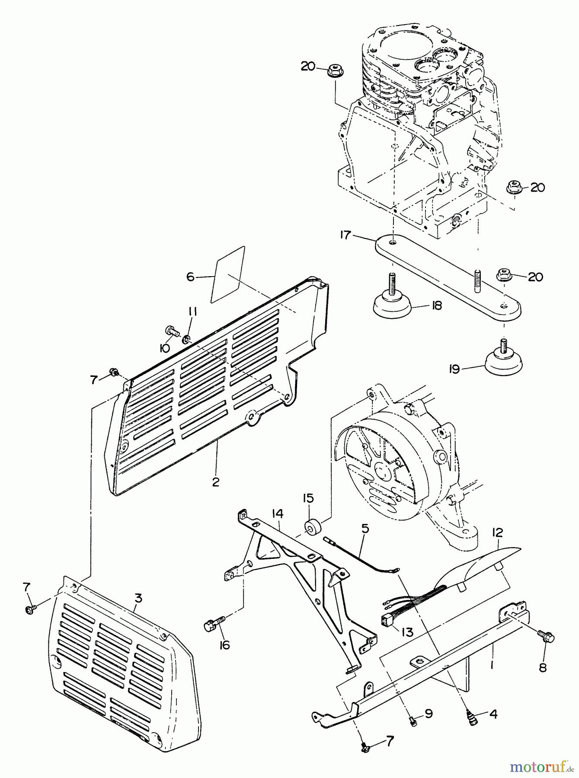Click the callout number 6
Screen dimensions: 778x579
pos(191,277)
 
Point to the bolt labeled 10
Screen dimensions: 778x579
pos(171,332)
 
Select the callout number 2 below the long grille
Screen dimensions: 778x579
pos(216,482)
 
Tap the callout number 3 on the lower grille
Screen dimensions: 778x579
pos(138,599)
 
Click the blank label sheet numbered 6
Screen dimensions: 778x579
pos(228,275)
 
